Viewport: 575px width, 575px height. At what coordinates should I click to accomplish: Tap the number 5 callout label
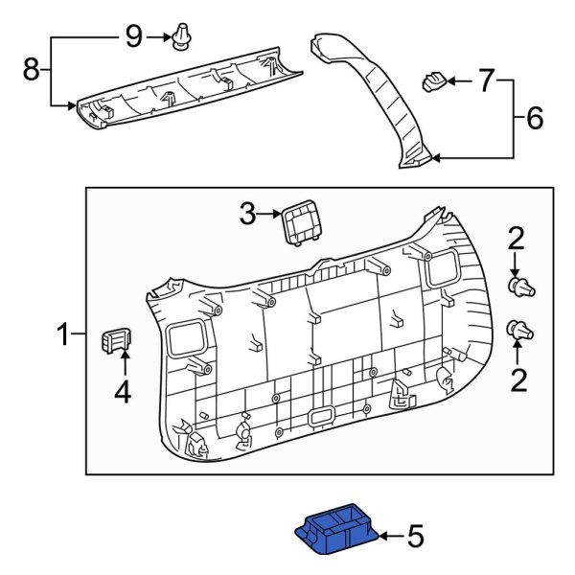click(415, 537)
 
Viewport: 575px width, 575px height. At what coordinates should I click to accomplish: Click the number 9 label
click(133, 36)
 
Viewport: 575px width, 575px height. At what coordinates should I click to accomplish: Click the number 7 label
click(486, 82)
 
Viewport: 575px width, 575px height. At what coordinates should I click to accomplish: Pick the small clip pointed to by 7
click(436, 81)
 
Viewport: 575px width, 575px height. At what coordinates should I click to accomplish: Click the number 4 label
click(123, 391)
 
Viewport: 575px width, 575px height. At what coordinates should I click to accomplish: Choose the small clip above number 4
click(115, 339)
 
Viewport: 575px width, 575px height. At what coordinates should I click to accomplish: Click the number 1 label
click(62, 335)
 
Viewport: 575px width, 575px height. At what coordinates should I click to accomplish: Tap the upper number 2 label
click(516, 237)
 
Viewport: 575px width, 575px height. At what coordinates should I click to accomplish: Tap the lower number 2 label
click(518, 382)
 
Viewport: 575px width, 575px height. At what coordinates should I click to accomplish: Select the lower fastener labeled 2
click(520, 331)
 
